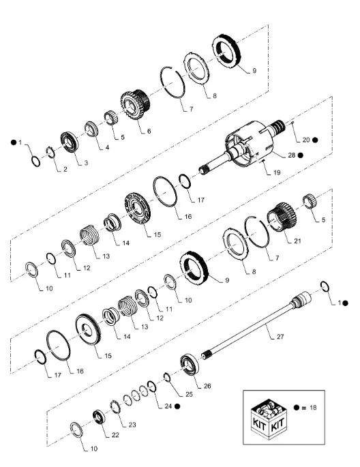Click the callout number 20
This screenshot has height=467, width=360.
tap(306, 140)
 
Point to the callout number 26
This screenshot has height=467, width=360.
tap(207, 386)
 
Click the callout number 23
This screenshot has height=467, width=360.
tap(132, 424)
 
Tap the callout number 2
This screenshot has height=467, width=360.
tap(64, 169)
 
